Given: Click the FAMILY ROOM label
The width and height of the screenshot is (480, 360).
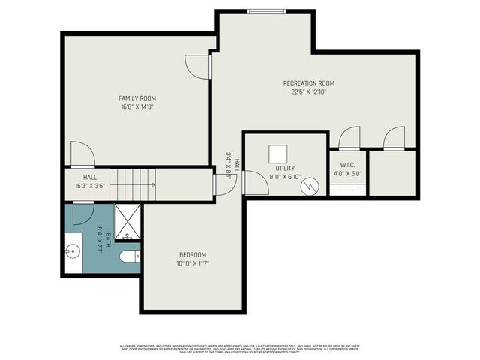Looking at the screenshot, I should tap(136, 98).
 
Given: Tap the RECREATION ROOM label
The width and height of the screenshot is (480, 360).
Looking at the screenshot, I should tap(308, 83).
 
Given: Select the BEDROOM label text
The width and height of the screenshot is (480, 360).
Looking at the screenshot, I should tap(193, 254).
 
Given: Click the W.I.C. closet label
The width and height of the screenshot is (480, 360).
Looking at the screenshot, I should tap(347, 166).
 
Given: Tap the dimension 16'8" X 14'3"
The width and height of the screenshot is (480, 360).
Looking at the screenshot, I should tap(136, 107).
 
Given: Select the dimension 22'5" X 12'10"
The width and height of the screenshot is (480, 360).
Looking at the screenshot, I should tap(308, 92).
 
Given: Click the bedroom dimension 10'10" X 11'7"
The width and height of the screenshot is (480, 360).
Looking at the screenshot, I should tap(193, 263).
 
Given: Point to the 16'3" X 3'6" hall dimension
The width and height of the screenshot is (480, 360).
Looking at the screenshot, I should tap(89, 186).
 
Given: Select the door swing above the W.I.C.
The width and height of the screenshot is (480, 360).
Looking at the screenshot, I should tap(349, 138).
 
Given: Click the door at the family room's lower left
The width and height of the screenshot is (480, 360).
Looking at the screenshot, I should tap(82, 154).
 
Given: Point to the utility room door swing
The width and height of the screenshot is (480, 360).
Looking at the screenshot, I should tap(255, 183).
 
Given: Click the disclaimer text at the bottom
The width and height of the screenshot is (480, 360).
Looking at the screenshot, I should tap(239, 349).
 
